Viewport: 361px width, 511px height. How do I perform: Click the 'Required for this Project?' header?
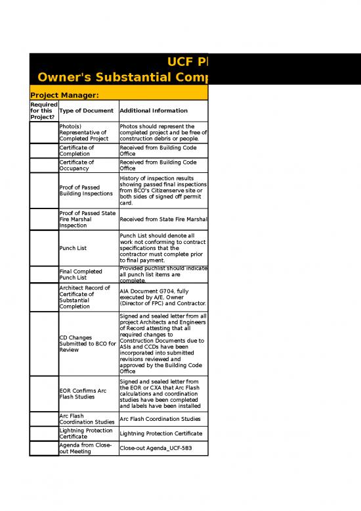(x=43, y=110)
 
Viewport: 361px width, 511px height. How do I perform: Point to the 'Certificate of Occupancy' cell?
(x=76, y=165)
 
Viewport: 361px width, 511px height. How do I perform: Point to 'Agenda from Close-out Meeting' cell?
(x=85, y=448)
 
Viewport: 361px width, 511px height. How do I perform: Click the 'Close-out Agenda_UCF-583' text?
(x=161, y=449)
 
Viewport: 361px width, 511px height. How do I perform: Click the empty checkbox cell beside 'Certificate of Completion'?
(x=43, y=151)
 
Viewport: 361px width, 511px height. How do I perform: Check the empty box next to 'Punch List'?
(x=43, y=248)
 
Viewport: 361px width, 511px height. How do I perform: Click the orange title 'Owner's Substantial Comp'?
(x=122, y=80)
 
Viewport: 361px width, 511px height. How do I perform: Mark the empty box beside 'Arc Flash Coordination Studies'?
(x=43, y=418)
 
